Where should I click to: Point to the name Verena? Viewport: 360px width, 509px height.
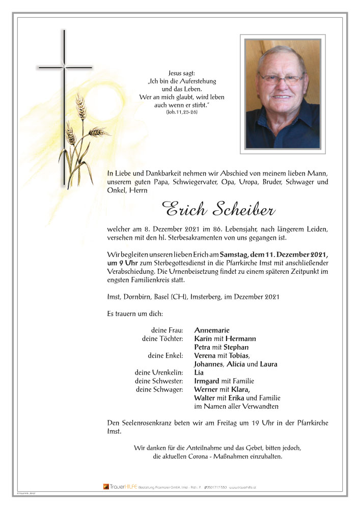pyautogui.click(x=206, y=356)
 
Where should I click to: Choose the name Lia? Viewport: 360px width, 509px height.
pyautogui.click(x=199, y=373)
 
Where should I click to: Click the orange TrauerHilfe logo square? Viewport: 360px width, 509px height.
pyautogui.click(x=106, y=487)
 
